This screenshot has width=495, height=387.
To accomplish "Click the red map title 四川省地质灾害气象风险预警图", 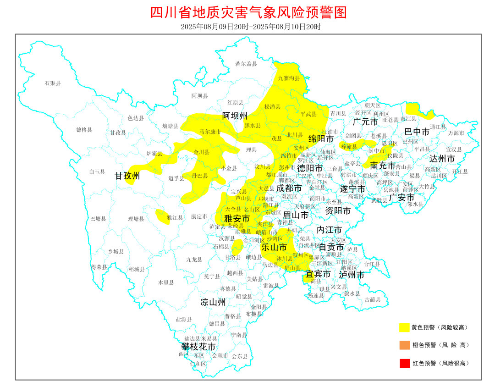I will (248, 12).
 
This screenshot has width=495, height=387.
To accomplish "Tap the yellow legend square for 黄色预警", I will (404, 327).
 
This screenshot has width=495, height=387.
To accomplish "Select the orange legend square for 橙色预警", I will (404, 345).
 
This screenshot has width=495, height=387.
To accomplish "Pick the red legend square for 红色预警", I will (404, 363).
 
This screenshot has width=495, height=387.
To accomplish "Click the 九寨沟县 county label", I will (289, 78).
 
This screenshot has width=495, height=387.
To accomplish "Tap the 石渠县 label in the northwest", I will (53, 83).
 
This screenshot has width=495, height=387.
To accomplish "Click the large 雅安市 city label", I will (237, 219).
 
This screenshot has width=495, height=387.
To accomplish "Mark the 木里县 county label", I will (165, 282).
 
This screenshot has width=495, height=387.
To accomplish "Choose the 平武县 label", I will (308, 114).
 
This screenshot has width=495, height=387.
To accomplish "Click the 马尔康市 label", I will (210, 132).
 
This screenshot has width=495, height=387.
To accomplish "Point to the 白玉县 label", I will (97, 172).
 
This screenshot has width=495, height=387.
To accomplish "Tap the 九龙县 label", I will (194, 260).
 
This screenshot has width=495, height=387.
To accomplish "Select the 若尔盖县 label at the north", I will (246, 64).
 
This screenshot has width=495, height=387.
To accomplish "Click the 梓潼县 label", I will (349, 147).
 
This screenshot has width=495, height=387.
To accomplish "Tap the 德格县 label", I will (84, 130).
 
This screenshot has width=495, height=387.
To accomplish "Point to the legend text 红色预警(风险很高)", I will (440, 363).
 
